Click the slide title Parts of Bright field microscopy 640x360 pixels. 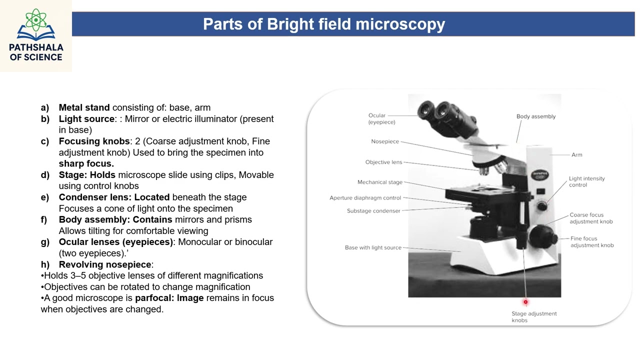point(324,24)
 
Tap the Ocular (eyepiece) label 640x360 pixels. point(381,119)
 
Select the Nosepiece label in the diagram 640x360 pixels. point(385,141)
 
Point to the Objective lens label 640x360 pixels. point(383,162)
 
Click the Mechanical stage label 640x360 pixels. point(379,182)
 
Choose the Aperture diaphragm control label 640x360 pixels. point(365,198)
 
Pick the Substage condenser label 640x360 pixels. point(373,211)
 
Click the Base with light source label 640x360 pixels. point(373,247)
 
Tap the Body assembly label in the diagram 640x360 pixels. point(535,116)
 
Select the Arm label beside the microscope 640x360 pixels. point(576,155)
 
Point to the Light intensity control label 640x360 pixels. point(586,181)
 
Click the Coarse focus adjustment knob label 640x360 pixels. point(591,218)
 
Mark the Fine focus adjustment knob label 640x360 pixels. point(592,242)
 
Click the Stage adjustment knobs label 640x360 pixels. point(533,317)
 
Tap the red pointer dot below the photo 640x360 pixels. point(525,302)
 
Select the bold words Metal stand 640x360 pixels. point(84,107)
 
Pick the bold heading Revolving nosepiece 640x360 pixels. point(105,264)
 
